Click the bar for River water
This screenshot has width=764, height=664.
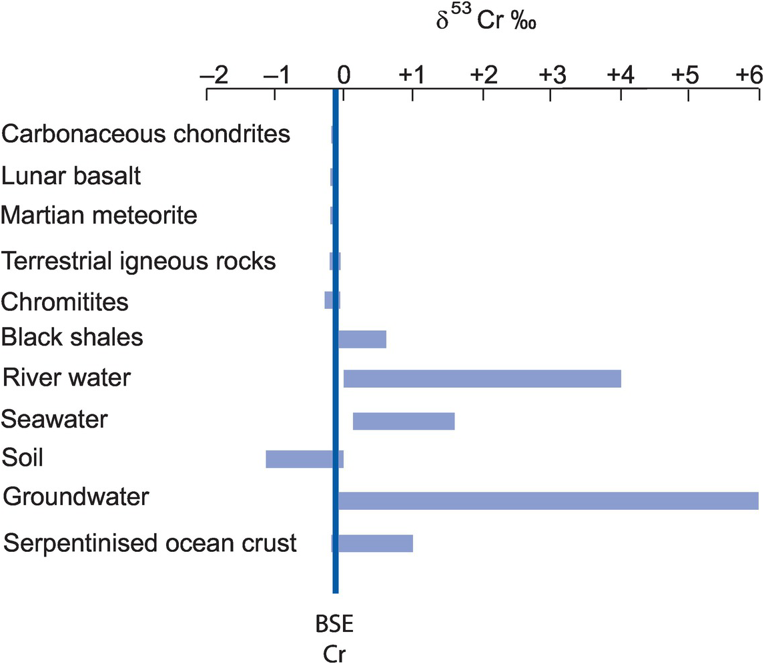pos(482,379)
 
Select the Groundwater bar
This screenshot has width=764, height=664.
pos(547,500)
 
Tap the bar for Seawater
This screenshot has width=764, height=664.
pos(403,421)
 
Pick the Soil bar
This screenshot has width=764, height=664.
pos(300,459)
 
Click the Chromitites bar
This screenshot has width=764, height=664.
pos(328,300)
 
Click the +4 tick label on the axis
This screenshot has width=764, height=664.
pos(620,75)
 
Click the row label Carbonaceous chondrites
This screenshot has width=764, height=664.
pos(146,134)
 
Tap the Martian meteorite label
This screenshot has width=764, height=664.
pos(99,216)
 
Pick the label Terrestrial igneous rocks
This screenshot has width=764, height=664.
pos(139,261)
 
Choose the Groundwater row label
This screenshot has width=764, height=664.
pos(76,498)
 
